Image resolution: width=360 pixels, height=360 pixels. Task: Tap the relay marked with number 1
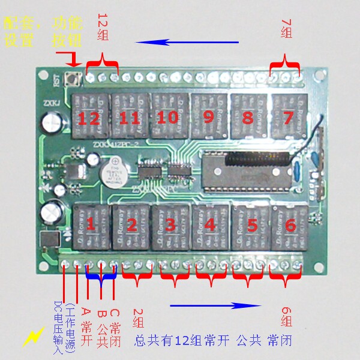click(x=91, y=226)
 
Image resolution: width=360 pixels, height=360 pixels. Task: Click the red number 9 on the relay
click(x=208, y=116)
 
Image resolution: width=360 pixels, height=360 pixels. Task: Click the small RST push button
click(x=77, y=78)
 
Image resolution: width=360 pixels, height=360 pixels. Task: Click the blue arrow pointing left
click(x=186, y=43)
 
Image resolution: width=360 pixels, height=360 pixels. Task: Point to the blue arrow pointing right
click(x=216, y=305)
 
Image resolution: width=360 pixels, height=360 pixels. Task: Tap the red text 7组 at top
click(x=286, y=28)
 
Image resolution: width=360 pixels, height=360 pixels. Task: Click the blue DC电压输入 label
click(x=58, y=322)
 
